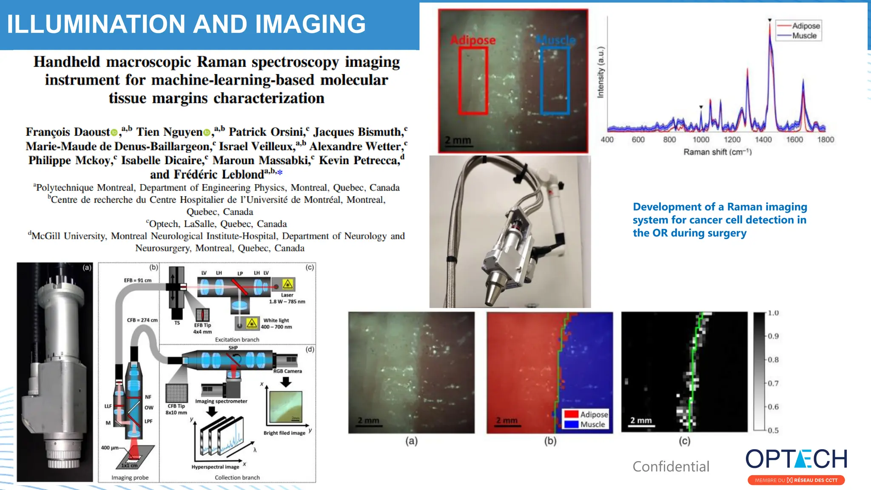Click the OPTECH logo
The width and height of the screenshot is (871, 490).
[796, 459]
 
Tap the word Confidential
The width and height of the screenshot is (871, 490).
[671, 467]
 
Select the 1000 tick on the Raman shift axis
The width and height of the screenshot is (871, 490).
[701, 140]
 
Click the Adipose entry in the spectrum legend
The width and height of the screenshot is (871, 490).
[806, 26]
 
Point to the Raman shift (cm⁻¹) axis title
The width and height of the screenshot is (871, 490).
[717, 152]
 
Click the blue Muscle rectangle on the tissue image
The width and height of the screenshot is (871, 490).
[555, 81]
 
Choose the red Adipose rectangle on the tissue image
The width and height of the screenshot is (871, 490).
[473, 81]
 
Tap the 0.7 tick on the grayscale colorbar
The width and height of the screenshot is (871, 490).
[773, 383]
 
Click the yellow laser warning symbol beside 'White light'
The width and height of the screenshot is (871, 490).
[252, 324]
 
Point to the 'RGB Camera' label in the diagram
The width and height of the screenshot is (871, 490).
[287, 371]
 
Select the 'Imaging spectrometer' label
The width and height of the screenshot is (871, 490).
[221, 401]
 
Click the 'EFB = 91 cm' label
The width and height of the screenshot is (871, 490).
[137, 280]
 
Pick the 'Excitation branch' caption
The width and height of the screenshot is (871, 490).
[237, 339]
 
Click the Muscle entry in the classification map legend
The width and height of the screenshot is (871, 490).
[592, 424]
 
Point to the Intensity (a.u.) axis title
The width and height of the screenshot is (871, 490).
[601, 72]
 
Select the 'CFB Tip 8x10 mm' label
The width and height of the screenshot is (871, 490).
[176, 409]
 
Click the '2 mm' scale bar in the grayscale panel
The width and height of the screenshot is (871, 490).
[641, 421]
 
